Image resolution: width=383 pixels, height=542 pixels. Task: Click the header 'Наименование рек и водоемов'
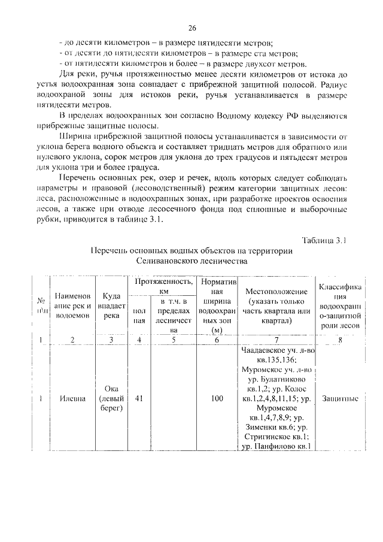coord(72,305)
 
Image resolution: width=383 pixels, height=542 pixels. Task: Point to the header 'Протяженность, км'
coord(163,285)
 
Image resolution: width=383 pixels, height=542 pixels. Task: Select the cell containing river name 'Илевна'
coord(72,397)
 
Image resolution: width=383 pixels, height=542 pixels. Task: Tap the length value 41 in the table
coord(139,397)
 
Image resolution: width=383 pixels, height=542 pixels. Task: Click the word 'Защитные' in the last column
coord(339,397)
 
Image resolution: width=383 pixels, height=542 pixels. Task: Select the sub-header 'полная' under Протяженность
coord(139,316)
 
